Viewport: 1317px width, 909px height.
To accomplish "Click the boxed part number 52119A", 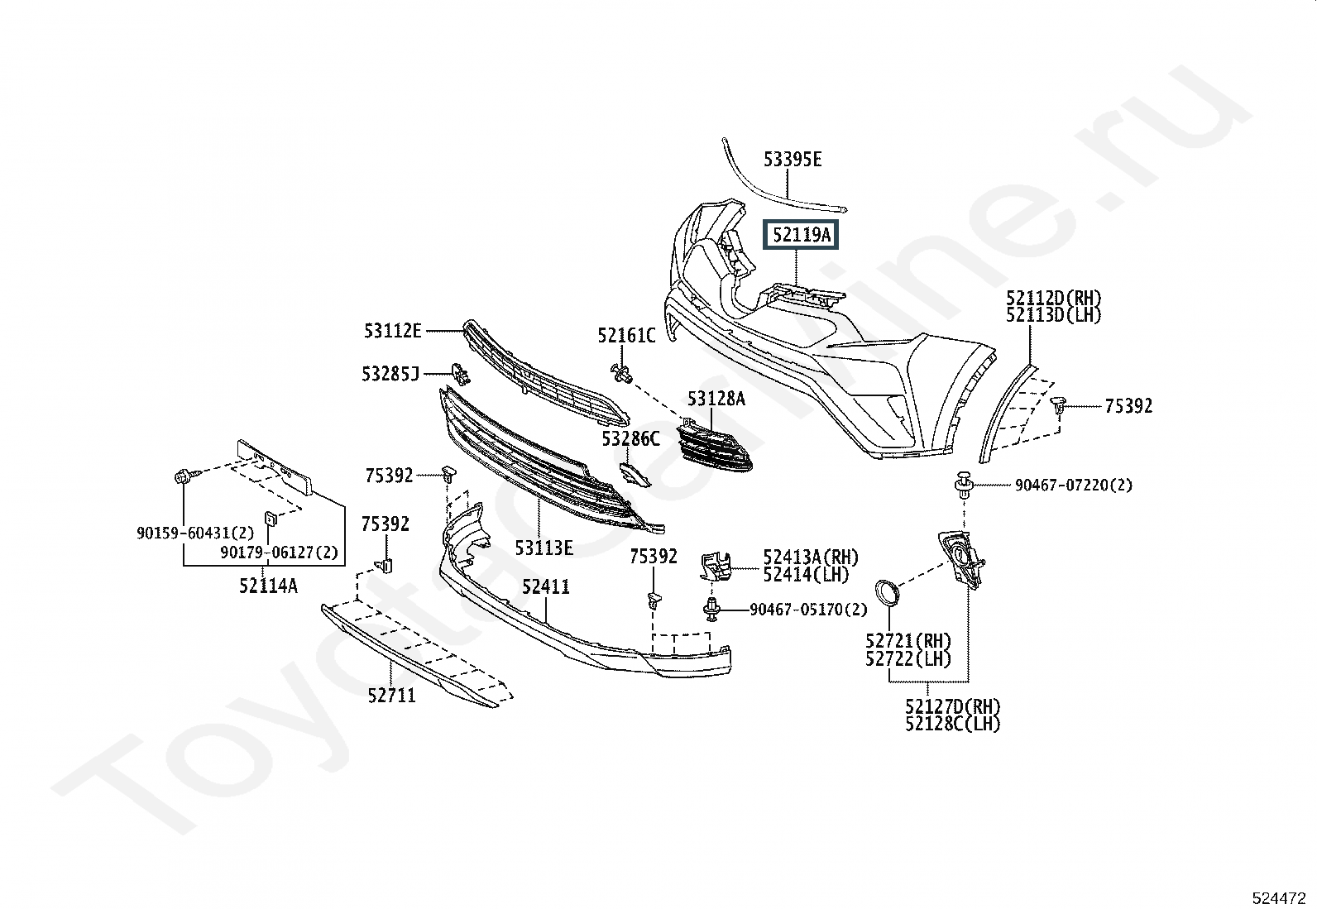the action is [801, 235].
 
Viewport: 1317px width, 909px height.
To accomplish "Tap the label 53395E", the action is [793, 160].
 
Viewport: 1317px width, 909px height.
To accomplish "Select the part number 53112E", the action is [393, 331].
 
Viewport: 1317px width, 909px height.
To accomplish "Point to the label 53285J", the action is [390, 374].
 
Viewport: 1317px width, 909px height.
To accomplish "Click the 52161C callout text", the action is [626, 336].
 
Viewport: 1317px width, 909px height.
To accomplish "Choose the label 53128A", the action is [716, 399].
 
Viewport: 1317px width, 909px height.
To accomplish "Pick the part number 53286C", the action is [630, 438].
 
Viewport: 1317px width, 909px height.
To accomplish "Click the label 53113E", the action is [544, 548].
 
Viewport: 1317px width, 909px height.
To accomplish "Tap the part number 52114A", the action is [268, 586].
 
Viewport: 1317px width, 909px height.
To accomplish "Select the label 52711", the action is [391, 696].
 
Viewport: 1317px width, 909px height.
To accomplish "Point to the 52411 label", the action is [546, 586].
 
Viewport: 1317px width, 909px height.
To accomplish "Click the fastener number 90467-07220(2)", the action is [1074, 485].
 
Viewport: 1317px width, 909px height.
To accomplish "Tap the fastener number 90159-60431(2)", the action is [195, 533].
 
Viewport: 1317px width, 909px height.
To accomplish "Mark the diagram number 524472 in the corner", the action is [1279, 898].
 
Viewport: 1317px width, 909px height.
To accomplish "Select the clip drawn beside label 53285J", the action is [460, 374].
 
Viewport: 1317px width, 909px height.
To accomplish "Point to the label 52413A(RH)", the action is [811, 557].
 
